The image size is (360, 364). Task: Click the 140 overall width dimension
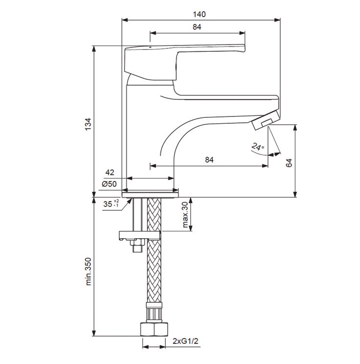point(199,14)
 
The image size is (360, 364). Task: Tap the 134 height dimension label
point(88,124)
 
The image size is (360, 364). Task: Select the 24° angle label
point(258,147)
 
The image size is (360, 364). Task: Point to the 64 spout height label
point(289,163)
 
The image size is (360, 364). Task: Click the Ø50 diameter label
point(109,184)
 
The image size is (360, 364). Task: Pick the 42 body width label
point(110,172)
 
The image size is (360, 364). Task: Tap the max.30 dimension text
point(185,214)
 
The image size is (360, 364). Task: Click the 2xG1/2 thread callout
point(185,341)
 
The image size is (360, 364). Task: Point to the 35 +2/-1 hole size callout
point(111,204)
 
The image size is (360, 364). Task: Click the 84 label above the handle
point(197,27)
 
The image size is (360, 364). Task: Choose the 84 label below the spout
point(209,159)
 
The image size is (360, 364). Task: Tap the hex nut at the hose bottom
point(154,329)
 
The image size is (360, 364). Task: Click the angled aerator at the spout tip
point(265,120)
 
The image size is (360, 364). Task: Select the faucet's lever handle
point(185,62)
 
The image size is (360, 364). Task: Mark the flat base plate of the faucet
point(150,195)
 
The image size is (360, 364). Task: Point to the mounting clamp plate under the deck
point(139,235)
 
